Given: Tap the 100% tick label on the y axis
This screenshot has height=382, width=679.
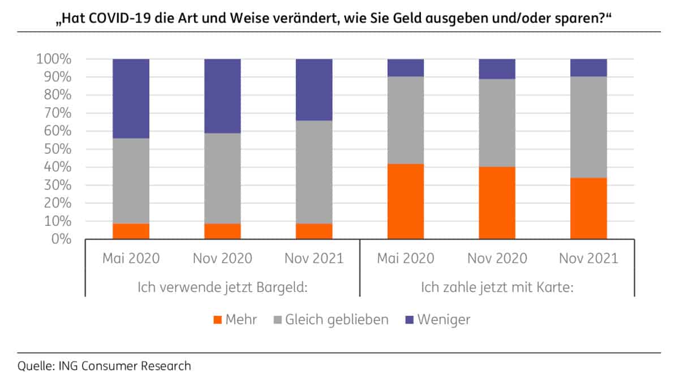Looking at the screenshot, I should pyautogui.click(x=54, y=59).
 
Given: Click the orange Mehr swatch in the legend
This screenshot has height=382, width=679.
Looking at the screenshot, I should pyautogui.click(x=216, y=320).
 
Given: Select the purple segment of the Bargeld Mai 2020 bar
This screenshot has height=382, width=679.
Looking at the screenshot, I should pyautogui.click(x=131, y=98).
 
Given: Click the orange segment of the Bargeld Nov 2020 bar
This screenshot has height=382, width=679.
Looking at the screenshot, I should pyautogui.click(x=222, y=231).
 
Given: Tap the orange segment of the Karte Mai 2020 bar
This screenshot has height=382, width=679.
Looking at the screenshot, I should pyautogui.click(x=406, y=201).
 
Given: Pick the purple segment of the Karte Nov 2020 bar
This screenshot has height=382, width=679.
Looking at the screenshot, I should pyautogui.click(x=497, y=68).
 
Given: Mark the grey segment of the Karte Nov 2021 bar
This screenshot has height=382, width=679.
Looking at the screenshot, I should pyautogui.click(x=588, y=127).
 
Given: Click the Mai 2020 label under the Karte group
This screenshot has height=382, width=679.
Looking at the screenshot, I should pyautogui.click(x=406, y=259).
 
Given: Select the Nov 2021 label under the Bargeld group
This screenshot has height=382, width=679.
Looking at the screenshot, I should pyautogui.click(x=314, y=259).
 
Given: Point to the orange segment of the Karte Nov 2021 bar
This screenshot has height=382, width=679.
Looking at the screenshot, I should pyautogui.click(x=588, y=208).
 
